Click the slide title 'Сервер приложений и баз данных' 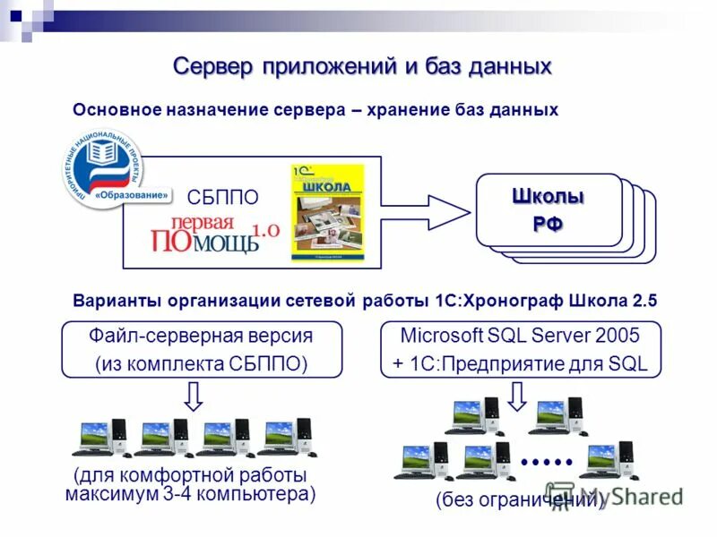tap(362, 66)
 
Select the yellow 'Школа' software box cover tap(326, 213)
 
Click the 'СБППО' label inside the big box tap(222, 197)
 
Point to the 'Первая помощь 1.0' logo tap(215, 234)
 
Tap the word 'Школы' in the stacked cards tap(548, 196)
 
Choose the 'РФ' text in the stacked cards tap(548, 224)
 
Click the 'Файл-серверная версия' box tap(201, 349)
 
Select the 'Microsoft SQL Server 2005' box tap(520, 349)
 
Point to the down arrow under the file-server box tap(194, 396)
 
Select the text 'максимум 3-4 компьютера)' tap(191, 494)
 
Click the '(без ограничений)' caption tap(520, 500)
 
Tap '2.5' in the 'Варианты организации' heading tap(644, 302)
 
